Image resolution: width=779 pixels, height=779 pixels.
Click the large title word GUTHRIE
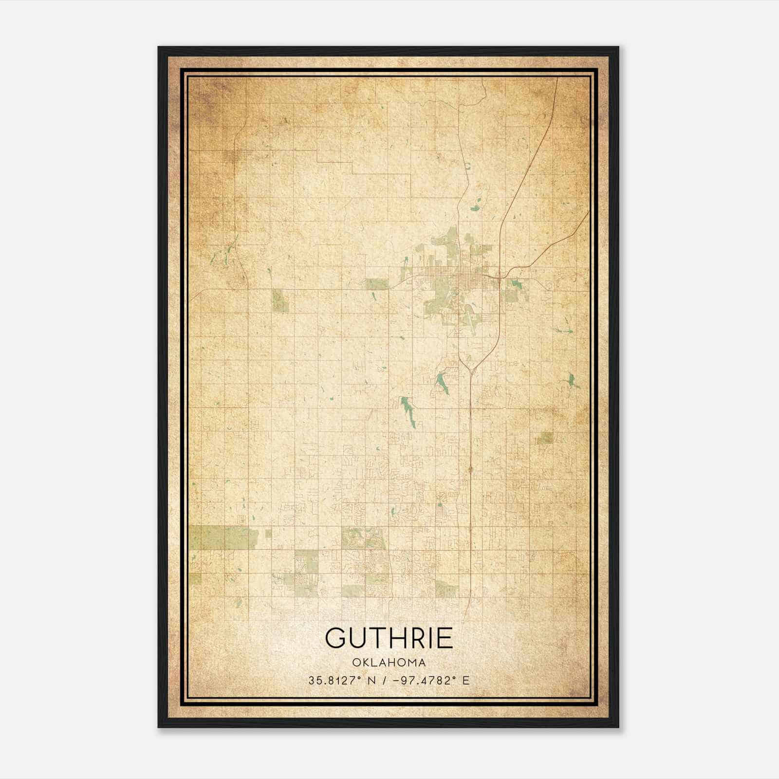coord(389,638)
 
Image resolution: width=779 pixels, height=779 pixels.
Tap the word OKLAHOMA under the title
coord(389,663)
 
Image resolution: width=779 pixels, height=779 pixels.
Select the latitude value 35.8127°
coord(334,681)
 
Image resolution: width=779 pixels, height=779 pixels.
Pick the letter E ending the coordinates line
coord(466,681)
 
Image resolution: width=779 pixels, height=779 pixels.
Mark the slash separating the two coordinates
coord(386,681)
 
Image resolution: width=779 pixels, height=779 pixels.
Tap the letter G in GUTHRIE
coord(336,638)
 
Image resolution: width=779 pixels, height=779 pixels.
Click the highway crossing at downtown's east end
coord(501,277)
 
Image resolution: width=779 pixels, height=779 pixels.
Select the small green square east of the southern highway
coord(545,438)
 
